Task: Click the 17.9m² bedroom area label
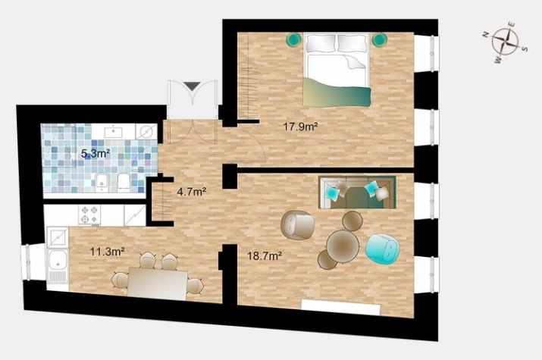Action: [x=300, y=127]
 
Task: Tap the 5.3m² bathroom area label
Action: [x=96, y=153]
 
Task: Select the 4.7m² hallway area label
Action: [x=192, y=192]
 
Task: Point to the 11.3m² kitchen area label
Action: [x=107, y=251]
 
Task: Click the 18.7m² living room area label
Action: [x=265, y=256]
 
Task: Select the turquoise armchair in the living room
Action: [x=382, y=249]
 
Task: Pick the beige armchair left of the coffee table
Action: [x=298, y=225]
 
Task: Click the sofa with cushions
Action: [x=357, y=193]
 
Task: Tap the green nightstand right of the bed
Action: [x=379, y=40]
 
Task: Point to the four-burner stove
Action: [x=89, y=215]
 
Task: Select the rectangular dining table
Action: [x=158, y=282]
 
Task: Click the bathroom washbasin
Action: [x=114, y=131]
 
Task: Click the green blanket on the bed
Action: [x=337, y=92]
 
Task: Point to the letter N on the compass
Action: [x=486, y=34]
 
